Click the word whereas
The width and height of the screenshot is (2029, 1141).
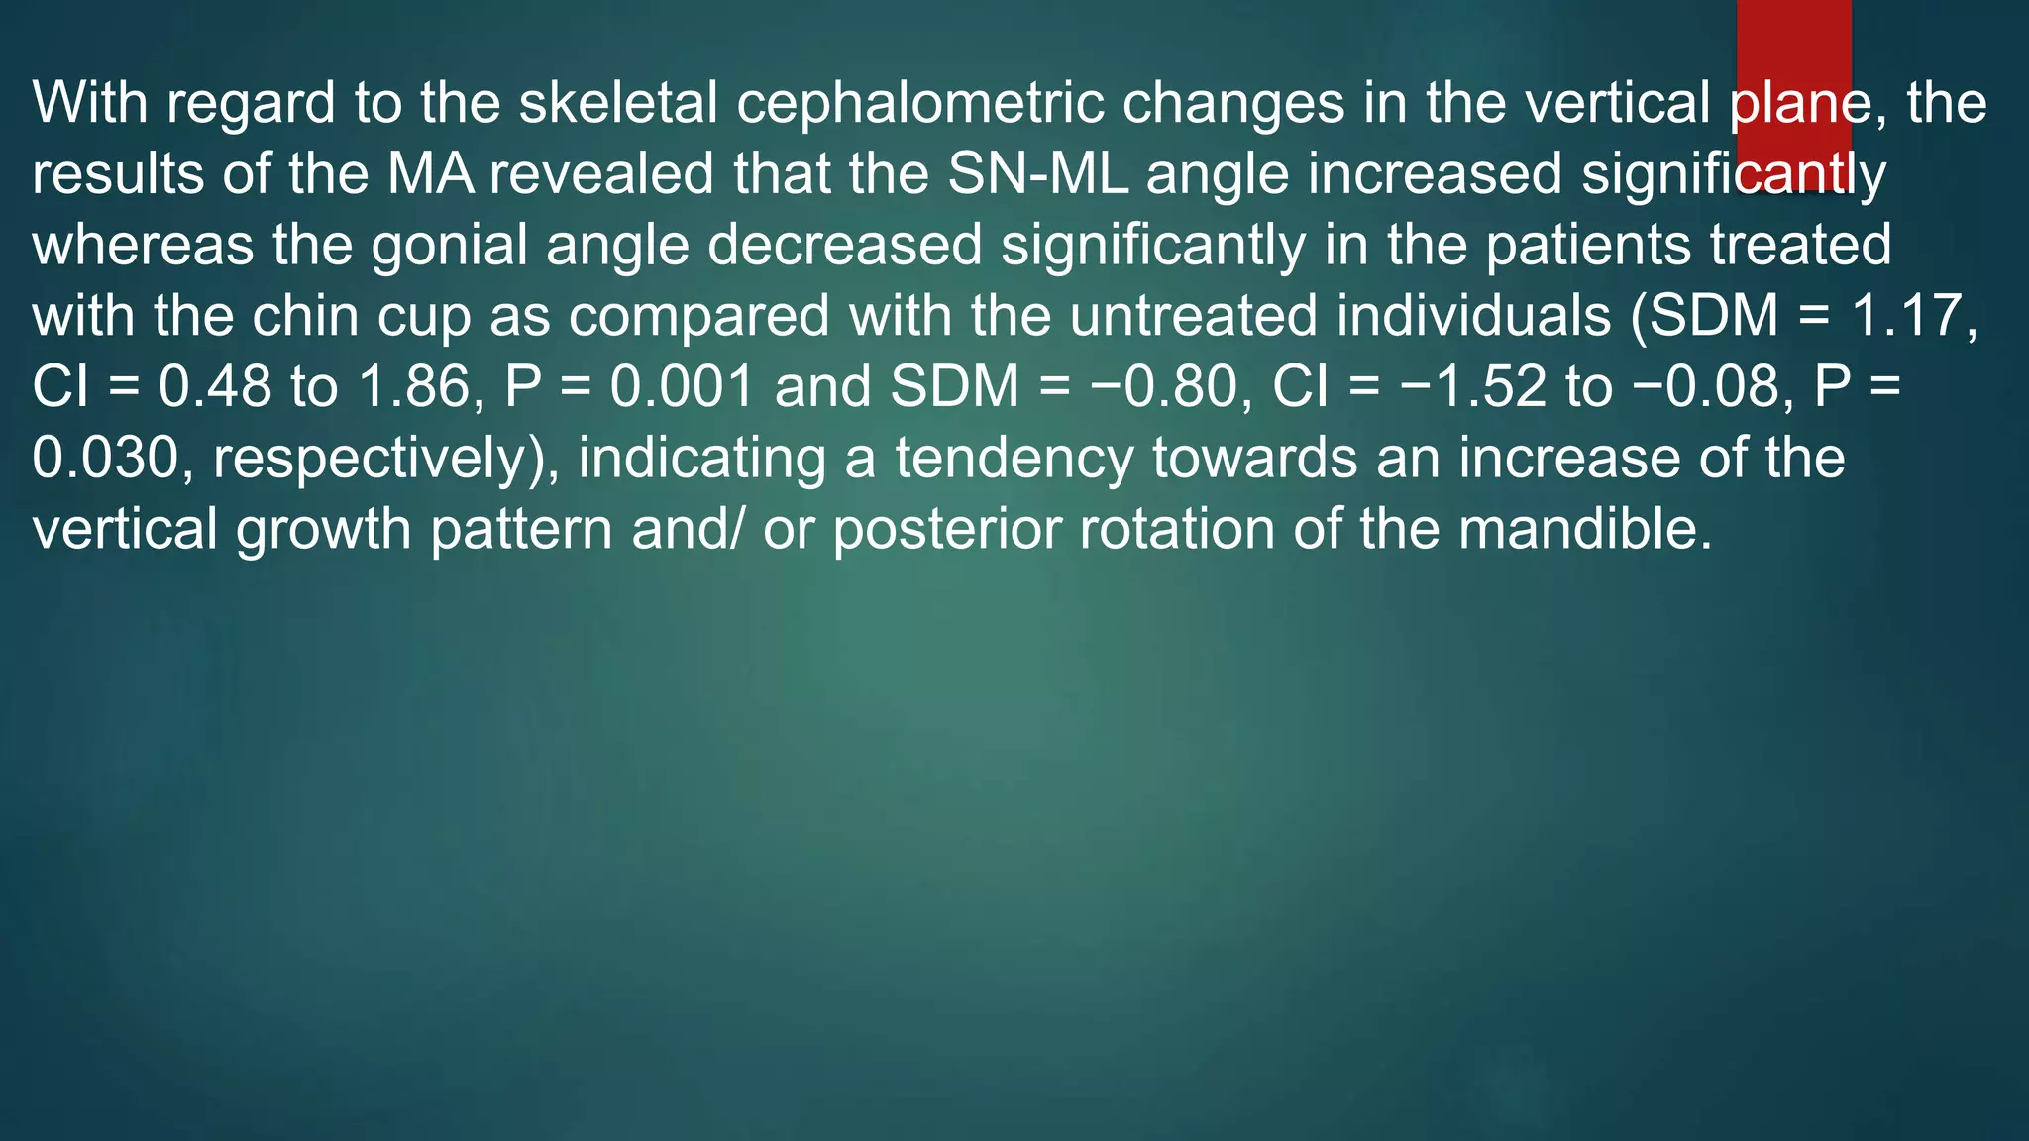(x=143, y=245)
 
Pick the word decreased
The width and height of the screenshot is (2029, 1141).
(x=844, y=245)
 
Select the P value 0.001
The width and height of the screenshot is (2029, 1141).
(x=682, y=386)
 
